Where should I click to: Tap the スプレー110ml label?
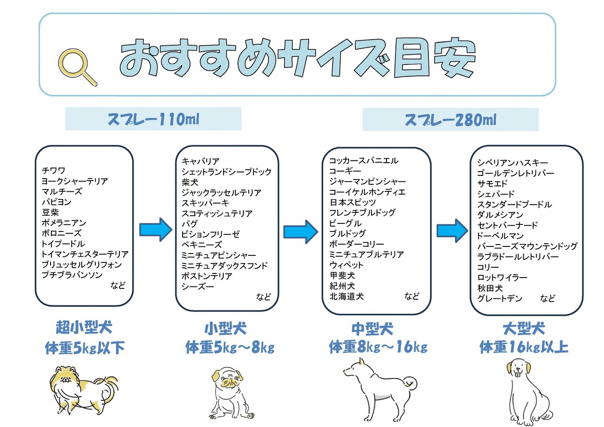click(153, 119)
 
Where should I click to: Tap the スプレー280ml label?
click(450, 120)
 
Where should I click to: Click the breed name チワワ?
click(53, 171)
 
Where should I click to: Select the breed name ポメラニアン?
click(64, 222)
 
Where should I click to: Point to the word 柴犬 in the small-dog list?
click(190, 182)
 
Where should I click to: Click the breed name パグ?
click(190, 224)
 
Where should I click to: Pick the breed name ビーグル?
click(345, 223)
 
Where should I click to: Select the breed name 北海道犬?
click(346, 296)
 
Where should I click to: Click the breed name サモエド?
click(492, 184)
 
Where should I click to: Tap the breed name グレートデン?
click(500, 298)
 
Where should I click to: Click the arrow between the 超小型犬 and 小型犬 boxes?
click(156, 230)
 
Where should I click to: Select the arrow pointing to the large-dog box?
click(452, 231)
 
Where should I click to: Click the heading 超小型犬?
click(84, 328)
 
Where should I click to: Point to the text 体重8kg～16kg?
click(378, 347)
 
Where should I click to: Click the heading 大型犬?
click(524, 328)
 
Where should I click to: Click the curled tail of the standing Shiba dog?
click(411, 384)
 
